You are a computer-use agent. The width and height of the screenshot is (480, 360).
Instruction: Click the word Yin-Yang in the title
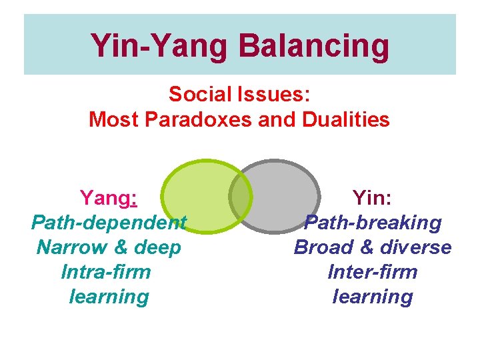(x=161, y=45)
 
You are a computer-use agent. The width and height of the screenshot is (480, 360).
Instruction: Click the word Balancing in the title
(x=313, y=45)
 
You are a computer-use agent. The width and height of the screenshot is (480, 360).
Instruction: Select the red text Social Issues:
(x=239, y=94)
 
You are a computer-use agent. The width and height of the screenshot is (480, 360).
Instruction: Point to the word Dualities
(x=346, y=120)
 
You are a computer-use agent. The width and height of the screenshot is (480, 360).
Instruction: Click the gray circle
(x=287, y=197)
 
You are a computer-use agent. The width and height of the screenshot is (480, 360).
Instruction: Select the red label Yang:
(x=109, y=197)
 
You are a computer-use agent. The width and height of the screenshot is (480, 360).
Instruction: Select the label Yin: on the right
(x=373, y=197)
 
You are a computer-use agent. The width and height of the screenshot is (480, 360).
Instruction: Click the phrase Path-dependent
(x=109, y=222)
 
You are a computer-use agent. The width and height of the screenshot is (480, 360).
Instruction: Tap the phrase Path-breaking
(x=373, y=222)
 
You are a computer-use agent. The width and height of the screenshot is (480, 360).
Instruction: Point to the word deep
(x=157, y=247)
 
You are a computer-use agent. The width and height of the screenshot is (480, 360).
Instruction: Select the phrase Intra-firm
(x=106, y=272)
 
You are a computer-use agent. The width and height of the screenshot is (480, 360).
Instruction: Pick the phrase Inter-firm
(x=373, y=272)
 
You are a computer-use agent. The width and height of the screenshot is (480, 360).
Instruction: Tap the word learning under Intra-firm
(x=109, y=297)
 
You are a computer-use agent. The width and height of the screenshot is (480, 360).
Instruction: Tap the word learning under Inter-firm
(x=373, y=297)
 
